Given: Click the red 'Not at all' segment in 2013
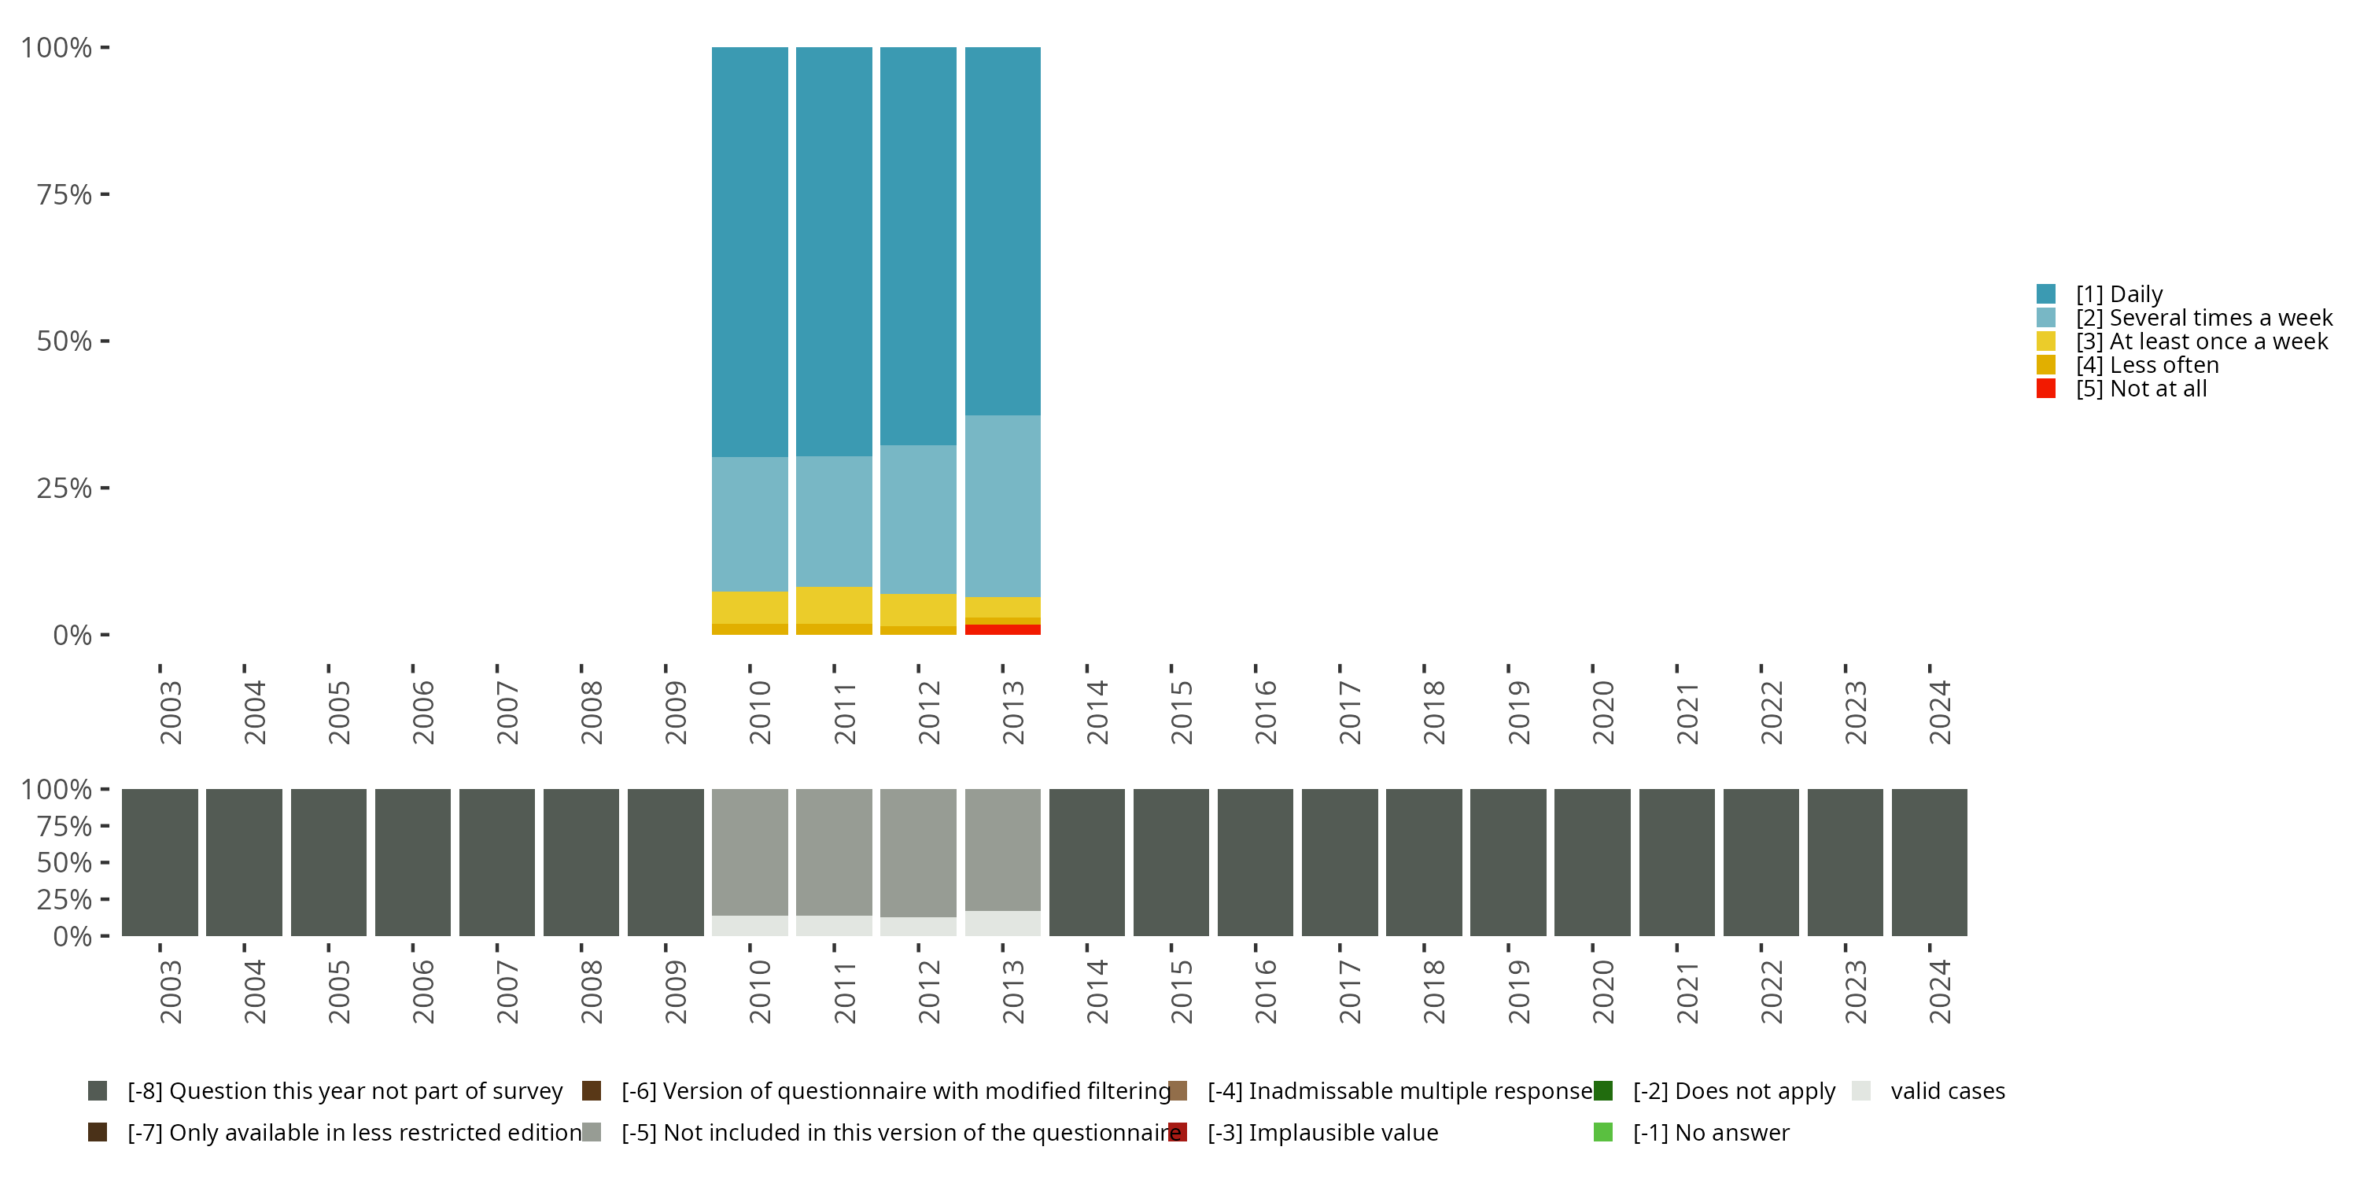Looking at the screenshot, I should point(1002,629).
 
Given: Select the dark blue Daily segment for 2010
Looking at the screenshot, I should point(750,252).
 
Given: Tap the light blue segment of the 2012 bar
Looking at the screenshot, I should point(918,519).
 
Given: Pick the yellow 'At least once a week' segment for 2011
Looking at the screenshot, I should point(834,605).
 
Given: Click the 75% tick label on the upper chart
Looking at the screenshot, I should point(65,194).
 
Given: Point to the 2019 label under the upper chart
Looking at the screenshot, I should point(1518,713).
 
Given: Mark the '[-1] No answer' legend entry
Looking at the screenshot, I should point(1709,1132).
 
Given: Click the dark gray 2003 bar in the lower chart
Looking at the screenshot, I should point(160,862).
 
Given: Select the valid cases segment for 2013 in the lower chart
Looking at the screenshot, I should point(1002,924).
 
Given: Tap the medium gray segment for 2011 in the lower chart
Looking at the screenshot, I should point(834,852).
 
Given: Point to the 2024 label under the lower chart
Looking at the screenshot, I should point(1938,992).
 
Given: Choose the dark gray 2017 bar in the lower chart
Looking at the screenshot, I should point(1340,862).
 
